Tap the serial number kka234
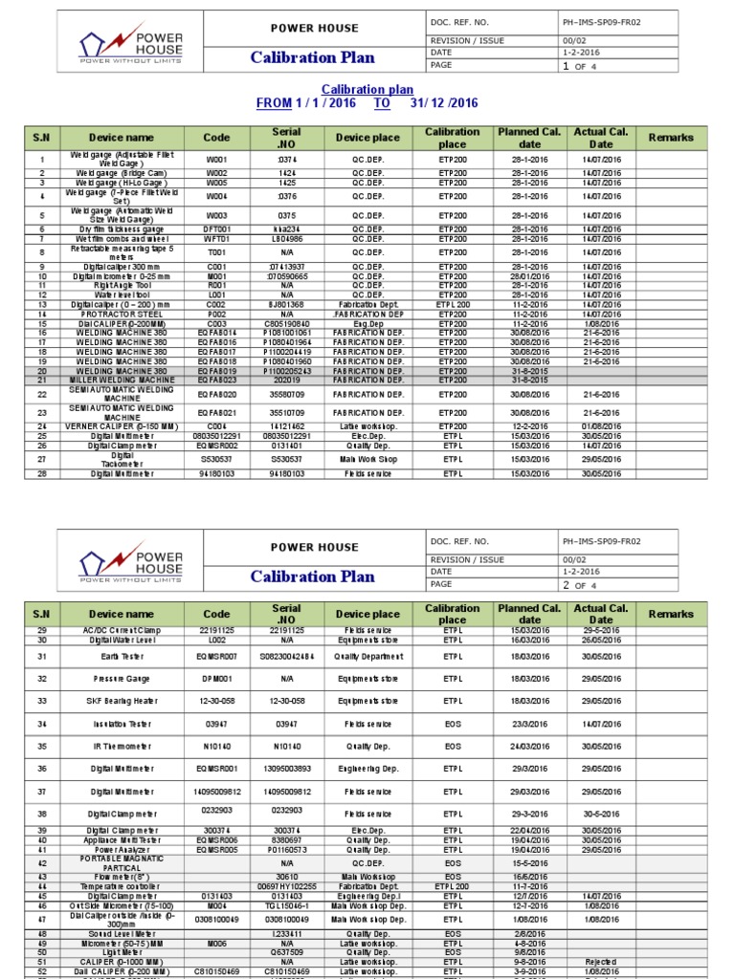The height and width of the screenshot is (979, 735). [286, 229]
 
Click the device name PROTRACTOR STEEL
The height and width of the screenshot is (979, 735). [121, 314]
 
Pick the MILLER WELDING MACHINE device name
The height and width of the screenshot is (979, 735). [120, 380]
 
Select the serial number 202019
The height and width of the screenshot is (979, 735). [286, 380]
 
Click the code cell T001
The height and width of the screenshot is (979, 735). [217, 252]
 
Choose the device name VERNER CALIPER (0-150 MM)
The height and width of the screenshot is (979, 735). [121, 426]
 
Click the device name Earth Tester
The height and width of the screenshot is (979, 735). [121, 657]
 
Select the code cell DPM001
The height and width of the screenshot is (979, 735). [217, 678]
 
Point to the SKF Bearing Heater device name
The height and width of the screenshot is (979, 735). [121, 701]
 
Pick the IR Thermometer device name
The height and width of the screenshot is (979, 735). [121, 746]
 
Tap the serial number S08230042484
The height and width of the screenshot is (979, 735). [286, 657]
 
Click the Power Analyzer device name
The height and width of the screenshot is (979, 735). [121, 849]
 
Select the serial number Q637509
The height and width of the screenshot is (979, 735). [286, 952]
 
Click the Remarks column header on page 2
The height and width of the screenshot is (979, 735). [671, 614]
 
